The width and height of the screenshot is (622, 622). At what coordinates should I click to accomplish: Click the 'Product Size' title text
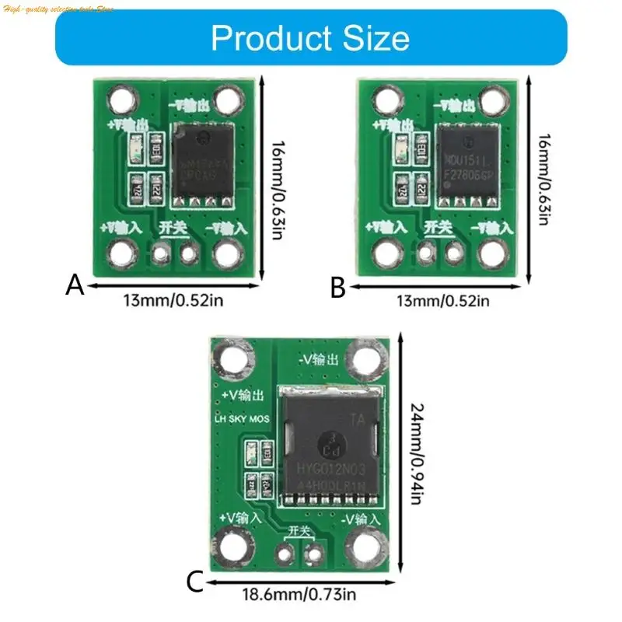pyautogui.click(x=310, y=37)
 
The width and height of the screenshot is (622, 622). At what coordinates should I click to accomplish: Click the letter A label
pyautogui.click(x=74, y=286)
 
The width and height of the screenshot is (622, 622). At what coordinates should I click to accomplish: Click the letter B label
pyautogui.click(x=337, y=288)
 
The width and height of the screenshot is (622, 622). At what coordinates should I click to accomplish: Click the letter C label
pyautogui.click(x=196, y=581)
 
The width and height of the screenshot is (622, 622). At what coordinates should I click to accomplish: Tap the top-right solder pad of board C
pyautogui.click(x=363, y=358)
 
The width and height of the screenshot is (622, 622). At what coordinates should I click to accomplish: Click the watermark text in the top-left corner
pyautogui.click(x=58, y=8)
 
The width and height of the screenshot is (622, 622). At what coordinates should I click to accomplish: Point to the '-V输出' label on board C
pyautogui.click(x=319, y=360)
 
